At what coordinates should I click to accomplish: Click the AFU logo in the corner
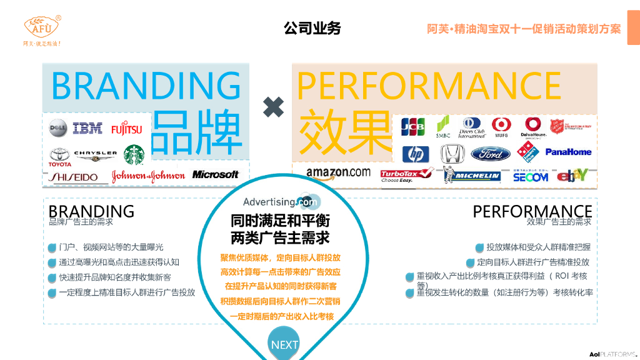(x=42, y=28)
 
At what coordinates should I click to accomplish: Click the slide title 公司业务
(x=312, y=28)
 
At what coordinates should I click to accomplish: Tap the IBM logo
(x=87, y=129)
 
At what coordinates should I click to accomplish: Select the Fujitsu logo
(x=126, y=129)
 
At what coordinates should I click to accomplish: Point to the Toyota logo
(x=60, y=156)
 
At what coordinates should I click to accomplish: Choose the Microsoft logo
(x=215, y=175)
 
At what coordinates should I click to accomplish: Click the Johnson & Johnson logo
(x=148, y=176)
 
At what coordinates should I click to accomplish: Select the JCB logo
(x=412, y=127)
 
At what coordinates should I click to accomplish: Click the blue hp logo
(x=415, y=154)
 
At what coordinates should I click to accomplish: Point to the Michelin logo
(x=472, y=175)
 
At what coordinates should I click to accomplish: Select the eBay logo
(x=572, y=176)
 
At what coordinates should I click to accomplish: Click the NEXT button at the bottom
(x=284, y=344)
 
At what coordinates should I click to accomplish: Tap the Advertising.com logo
(x=281, y=202)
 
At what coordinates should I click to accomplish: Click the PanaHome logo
(x=568, y=152)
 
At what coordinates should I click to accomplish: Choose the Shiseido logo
(x=74, y=177)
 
